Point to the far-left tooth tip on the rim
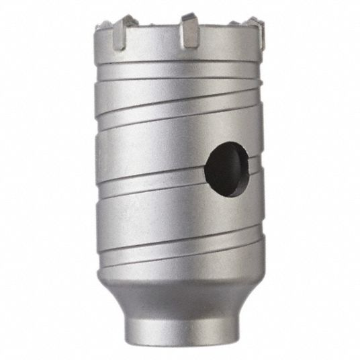pyautogui.click(x=103, y=26)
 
